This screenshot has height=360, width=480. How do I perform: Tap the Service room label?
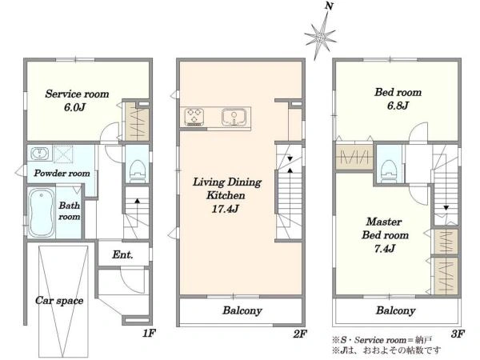pos(77,94)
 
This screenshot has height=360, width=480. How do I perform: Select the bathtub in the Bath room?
pos(42,212)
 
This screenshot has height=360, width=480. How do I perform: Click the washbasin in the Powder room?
pos(39,153)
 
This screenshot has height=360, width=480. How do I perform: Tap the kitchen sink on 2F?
pos(234,117)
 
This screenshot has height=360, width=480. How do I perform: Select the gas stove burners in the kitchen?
pos(194,117)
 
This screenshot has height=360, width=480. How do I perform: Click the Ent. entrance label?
pos(122,254)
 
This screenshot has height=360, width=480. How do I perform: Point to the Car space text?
pos(59,301)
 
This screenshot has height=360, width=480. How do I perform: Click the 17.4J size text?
pos(226,209)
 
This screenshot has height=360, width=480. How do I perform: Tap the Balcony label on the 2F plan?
pos(242,310)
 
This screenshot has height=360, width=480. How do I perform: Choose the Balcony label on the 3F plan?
pos(395,310)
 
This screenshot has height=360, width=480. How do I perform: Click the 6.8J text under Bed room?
pos(398,106)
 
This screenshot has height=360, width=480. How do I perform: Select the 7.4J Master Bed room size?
pos(385,249)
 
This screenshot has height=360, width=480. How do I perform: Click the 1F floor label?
pos(150,334)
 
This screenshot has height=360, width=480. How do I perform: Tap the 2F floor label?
pos(300,334)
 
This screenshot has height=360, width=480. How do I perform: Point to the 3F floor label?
pos(458,334)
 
